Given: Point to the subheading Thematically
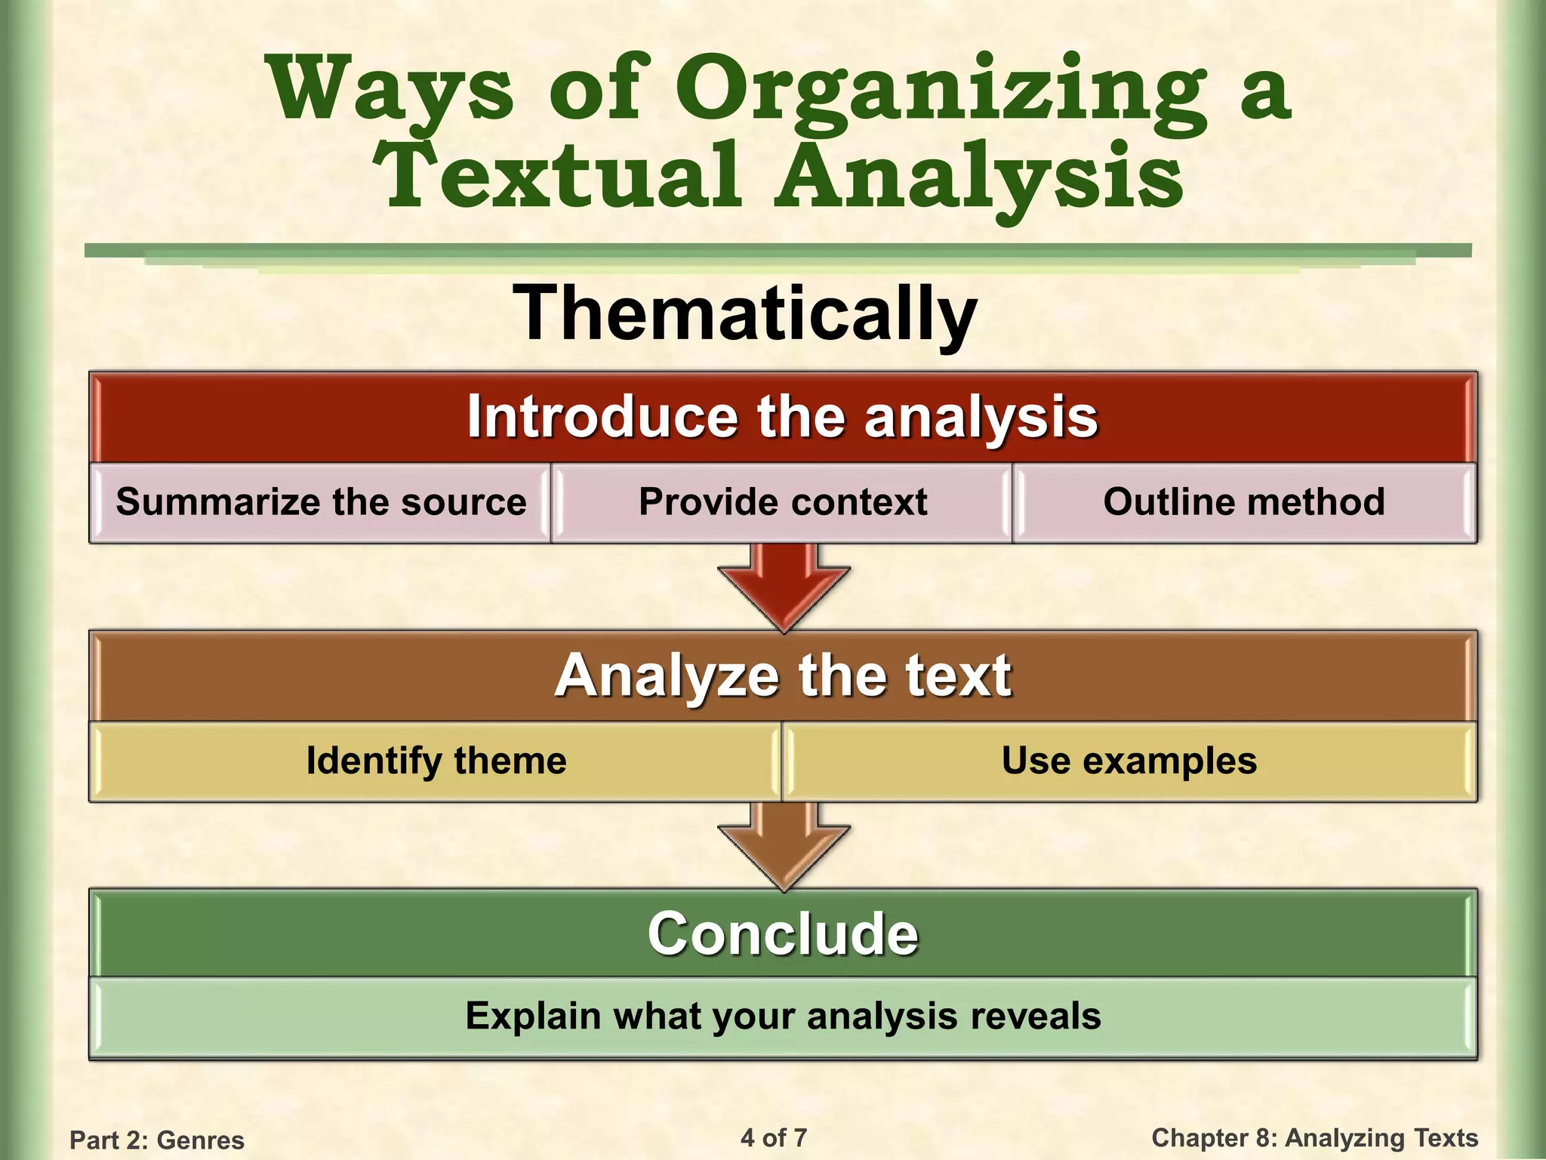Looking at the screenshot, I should click(745, 313).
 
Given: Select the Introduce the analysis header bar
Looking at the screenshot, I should click(782, 417).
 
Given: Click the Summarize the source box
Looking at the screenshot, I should click(321, 502).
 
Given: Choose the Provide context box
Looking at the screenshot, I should click(782, 502).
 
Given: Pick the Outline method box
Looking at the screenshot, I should click(1243, 502).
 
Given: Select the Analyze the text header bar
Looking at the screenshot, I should click(782, 676).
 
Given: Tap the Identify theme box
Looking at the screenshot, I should click(436, 761).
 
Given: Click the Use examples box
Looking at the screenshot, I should click(1129, 761).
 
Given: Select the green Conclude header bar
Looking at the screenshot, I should click(782, 934).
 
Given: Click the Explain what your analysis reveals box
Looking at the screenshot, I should click(782, 1017).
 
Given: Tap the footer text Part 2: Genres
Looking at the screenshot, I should click(157, 1140).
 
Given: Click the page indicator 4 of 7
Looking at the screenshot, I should click(774, 1137).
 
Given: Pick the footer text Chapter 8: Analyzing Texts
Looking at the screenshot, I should click(1314, 1137).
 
